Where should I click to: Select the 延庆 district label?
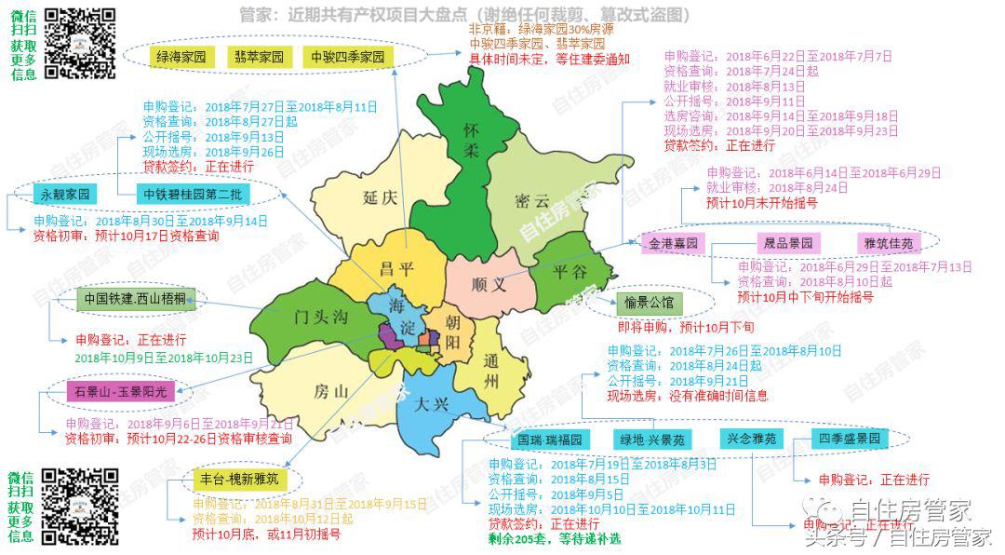pyautogui.click(x=381, y=196)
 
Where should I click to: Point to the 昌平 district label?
pyautogui.click(x=397, y=268)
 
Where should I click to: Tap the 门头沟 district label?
pyautogui.click(x=316, y=318)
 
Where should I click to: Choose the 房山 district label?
pyautogui.click(x=330, y=392)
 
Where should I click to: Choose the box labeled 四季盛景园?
pyautogui.click(x=849, y=438)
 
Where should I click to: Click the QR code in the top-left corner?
pyautogui.click(x=81, y=43)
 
